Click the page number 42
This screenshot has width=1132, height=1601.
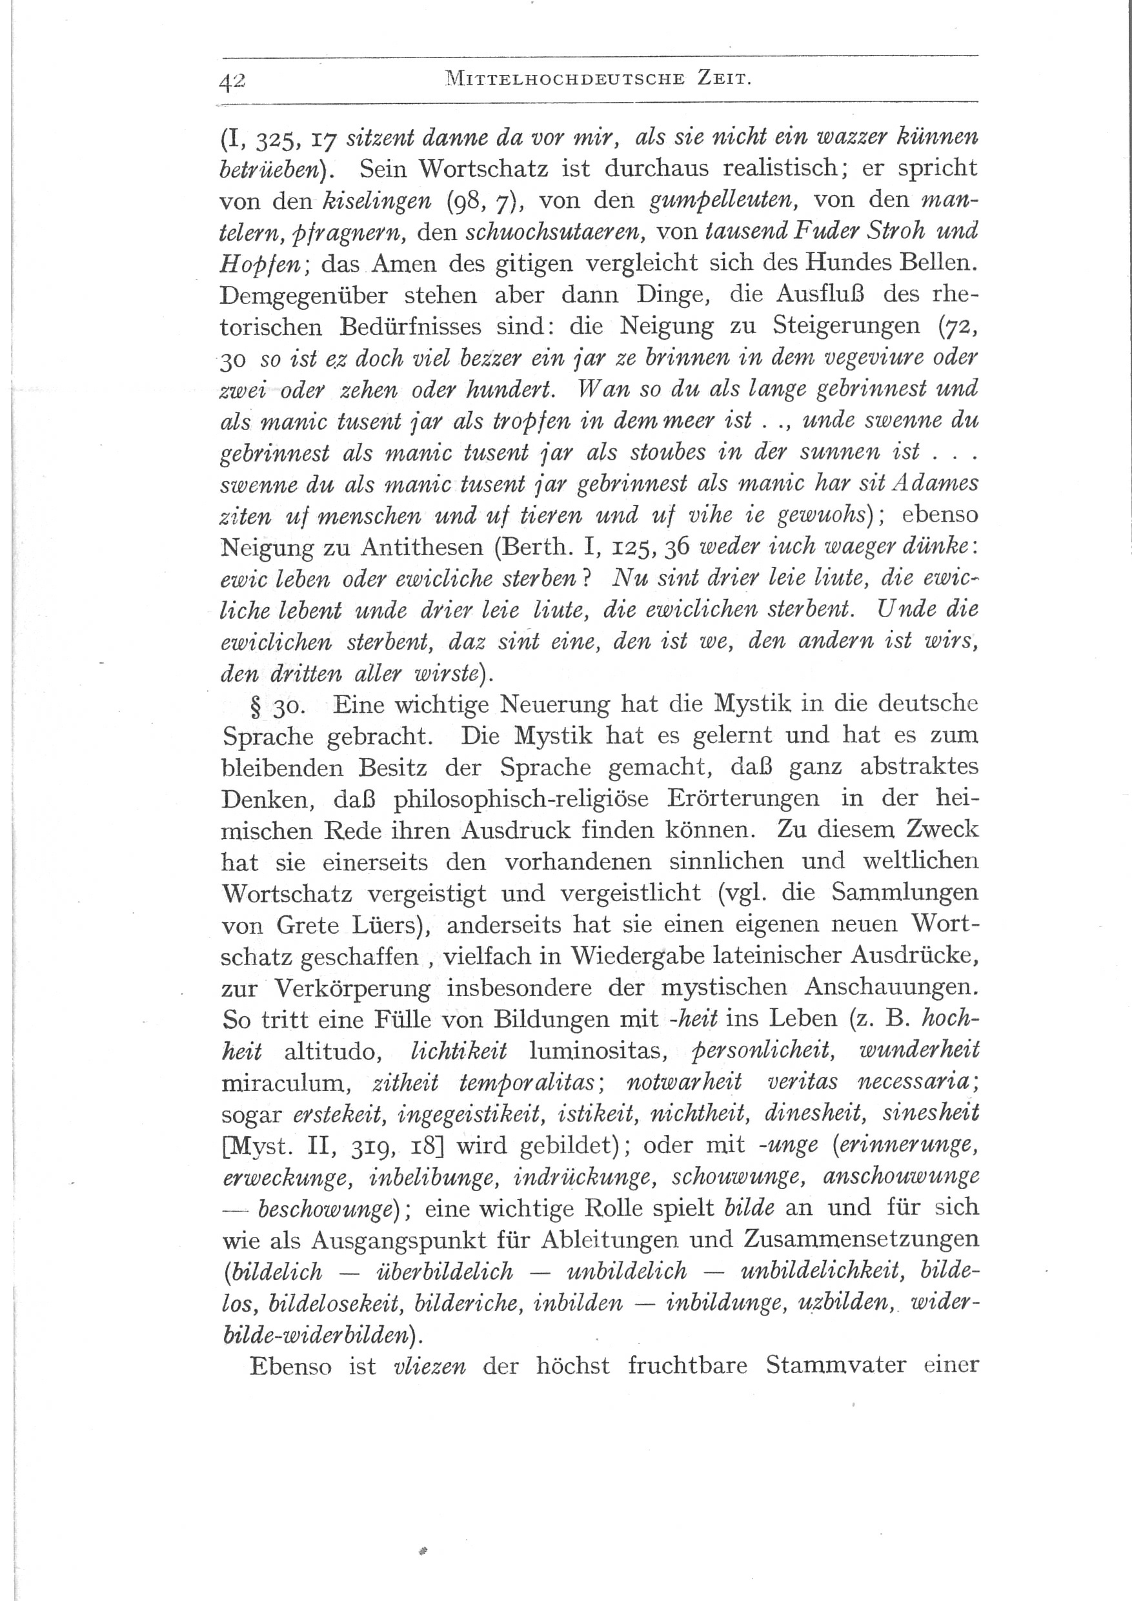point(232,81)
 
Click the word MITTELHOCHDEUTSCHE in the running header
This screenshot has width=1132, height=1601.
point(564,79)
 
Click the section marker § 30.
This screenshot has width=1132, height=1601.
point(277,706)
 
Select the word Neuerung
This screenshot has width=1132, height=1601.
point(555,705)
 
